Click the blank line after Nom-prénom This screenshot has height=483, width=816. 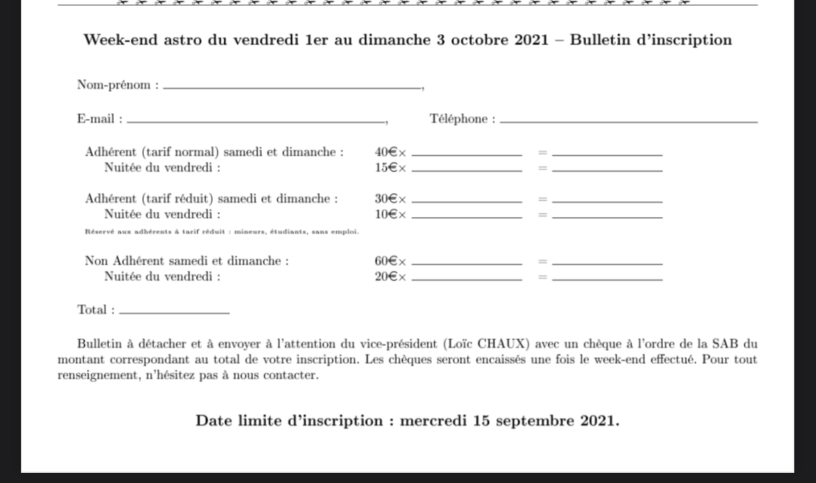coord(292,88)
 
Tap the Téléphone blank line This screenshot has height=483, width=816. coord(628,121)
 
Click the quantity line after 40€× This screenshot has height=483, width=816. coord(466,155)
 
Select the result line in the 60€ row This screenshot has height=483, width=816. coord(607,264)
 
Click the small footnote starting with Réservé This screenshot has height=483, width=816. coord(221,232)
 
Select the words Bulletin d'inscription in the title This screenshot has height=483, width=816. coord(651,40)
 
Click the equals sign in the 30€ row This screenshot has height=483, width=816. coord(542,199)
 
